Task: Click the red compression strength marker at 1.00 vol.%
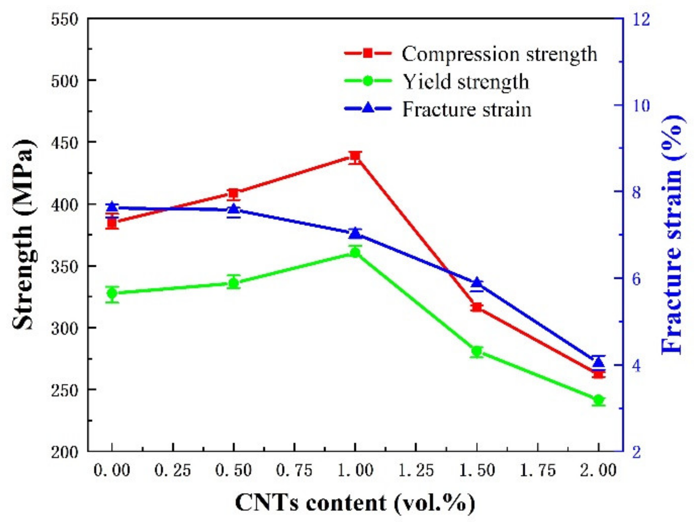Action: [355, 156]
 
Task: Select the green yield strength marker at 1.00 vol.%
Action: [355, 253]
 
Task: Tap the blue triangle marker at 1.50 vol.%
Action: [477, 283]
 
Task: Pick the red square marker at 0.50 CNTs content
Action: [234, 193]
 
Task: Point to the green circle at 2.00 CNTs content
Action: [598, 400]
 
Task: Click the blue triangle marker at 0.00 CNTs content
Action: [112, 207]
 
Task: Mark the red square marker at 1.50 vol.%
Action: [477, 307]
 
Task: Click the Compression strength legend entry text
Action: [499, 54]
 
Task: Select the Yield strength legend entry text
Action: [466, 82]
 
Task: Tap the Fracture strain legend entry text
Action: [467, 109]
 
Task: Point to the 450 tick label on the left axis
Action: [65, 142]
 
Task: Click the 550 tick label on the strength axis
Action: [65, 19]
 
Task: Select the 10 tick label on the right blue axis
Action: [641, 106]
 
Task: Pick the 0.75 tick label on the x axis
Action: [294, 471]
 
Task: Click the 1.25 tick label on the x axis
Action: [416, 471]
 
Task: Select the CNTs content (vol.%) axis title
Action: [355, 503]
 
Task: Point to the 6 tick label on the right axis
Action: [637, 279]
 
